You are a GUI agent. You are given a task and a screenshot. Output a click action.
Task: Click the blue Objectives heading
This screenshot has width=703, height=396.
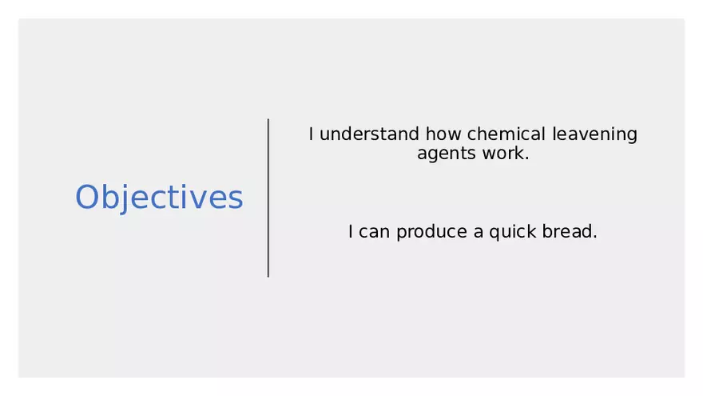click(x=159, y=197)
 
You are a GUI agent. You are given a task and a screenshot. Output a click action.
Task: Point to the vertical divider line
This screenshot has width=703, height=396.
click(x=268, y=198)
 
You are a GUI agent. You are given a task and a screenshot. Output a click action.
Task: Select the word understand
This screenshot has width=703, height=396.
click(x=369, y=134)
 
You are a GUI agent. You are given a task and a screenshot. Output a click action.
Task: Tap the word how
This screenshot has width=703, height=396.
click(x=443, y=134)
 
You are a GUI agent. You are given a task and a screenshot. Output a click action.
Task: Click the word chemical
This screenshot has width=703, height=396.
click(x=506, y=134)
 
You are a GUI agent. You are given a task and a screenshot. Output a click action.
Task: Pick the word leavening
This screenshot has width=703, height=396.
click(x=594, y=134)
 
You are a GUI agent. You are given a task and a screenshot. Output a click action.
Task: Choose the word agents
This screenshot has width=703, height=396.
click(x=447, y=154)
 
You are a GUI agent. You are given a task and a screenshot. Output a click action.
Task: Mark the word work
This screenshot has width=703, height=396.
click(x=503, y=153)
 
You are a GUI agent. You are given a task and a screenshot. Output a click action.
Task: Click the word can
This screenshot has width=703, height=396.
click(x=374, y=232)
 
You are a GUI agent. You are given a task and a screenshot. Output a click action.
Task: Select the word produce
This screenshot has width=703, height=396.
click(x=431, y=233)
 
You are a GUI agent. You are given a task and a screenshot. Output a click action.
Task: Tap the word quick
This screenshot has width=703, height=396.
click(x=512, y=233)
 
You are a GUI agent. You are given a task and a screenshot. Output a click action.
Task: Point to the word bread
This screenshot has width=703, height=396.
click(x=566, y=231)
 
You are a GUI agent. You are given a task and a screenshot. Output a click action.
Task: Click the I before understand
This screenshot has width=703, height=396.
click(x=311, y=134)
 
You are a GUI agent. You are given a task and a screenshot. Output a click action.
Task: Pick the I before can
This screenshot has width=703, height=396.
click(x=351, y=231)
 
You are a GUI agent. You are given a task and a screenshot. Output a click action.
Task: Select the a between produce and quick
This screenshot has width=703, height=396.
click(x=479, y=233)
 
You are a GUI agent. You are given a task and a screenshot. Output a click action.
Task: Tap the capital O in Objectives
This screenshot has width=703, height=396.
click(x=87, y=197)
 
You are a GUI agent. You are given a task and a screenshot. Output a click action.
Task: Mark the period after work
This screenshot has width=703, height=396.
click(x=526, y=158)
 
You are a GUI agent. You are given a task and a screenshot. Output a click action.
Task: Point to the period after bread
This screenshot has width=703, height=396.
click(x=595, y=237)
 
